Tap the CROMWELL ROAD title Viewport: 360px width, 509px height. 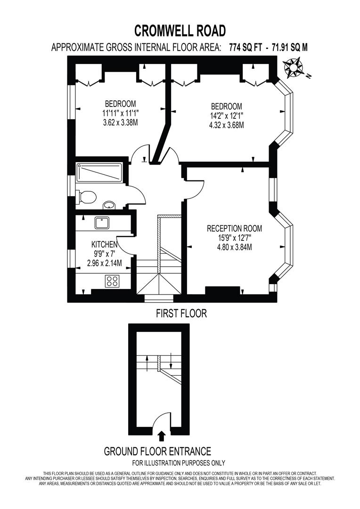[180, 31]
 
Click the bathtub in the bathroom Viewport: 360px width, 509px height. [98, 173]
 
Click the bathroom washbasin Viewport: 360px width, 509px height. [109, 205]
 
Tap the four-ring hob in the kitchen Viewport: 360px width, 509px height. [112, 281]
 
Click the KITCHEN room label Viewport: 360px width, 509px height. [104, 244]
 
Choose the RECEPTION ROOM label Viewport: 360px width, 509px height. [234, 229]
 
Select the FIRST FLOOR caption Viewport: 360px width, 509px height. [181, 313]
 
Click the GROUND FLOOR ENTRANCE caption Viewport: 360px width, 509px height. [157, 451]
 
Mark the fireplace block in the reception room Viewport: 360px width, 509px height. [221, 290]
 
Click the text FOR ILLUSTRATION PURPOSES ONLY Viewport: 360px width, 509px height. [178, 463]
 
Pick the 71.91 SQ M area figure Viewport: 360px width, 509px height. [288, 47]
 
